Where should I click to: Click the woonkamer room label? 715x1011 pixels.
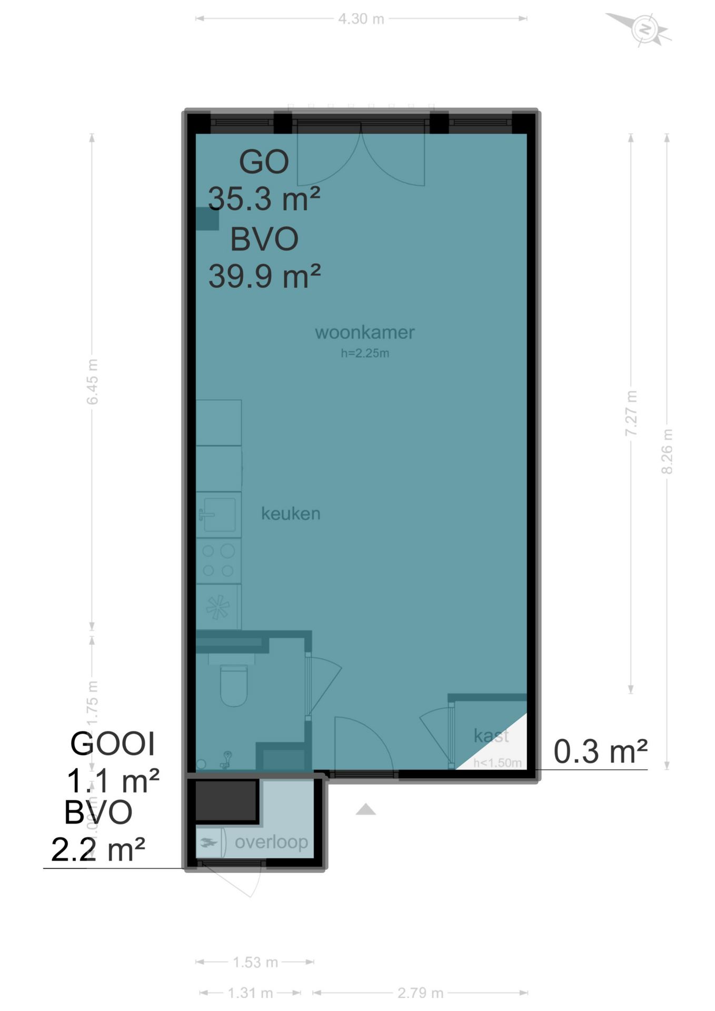click(364, 332)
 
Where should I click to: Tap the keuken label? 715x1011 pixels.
click(291, 513)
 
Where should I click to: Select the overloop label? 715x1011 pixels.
click(271, 842)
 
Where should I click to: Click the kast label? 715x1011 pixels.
click(491, 735)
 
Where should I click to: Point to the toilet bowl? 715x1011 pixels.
click(233, 686)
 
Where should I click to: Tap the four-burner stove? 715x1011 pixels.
click(219, 561)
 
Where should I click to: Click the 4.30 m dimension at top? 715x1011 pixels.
click(361, 19)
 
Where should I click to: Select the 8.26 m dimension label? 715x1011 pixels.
click(667, 451)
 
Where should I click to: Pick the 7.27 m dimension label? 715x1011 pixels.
click(631, 413)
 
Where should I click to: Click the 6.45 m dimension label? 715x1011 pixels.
click(92, 382)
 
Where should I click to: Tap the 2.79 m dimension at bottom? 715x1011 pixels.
click(420, 993)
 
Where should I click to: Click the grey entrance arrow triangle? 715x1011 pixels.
click(365, 810)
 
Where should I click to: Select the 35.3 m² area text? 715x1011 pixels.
click(264, 199)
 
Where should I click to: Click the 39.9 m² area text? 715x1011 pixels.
click(264, 276)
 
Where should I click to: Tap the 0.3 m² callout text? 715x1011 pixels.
click(600, 751)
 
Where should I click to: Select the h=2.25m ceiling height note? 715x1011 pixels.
click(365, 353)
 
